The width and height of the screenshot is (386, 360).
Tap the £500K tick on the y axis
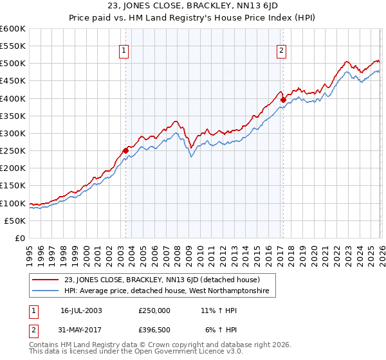tap(13, 64)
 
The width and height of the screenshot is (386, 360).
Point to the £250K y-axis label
tap(13, 151)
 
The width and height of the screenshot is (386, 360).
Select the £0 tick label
tap(21, 239)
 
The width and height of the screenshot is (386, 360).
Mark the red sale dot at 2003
tap(125, 151)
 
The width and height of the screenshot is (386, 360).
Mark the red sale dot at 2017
tap(283, 100)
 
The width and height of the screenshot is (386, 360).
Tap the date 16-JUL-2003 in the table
tap(81, 310)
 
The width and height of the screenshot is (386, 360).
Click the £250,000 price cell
tap(154, 310)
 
